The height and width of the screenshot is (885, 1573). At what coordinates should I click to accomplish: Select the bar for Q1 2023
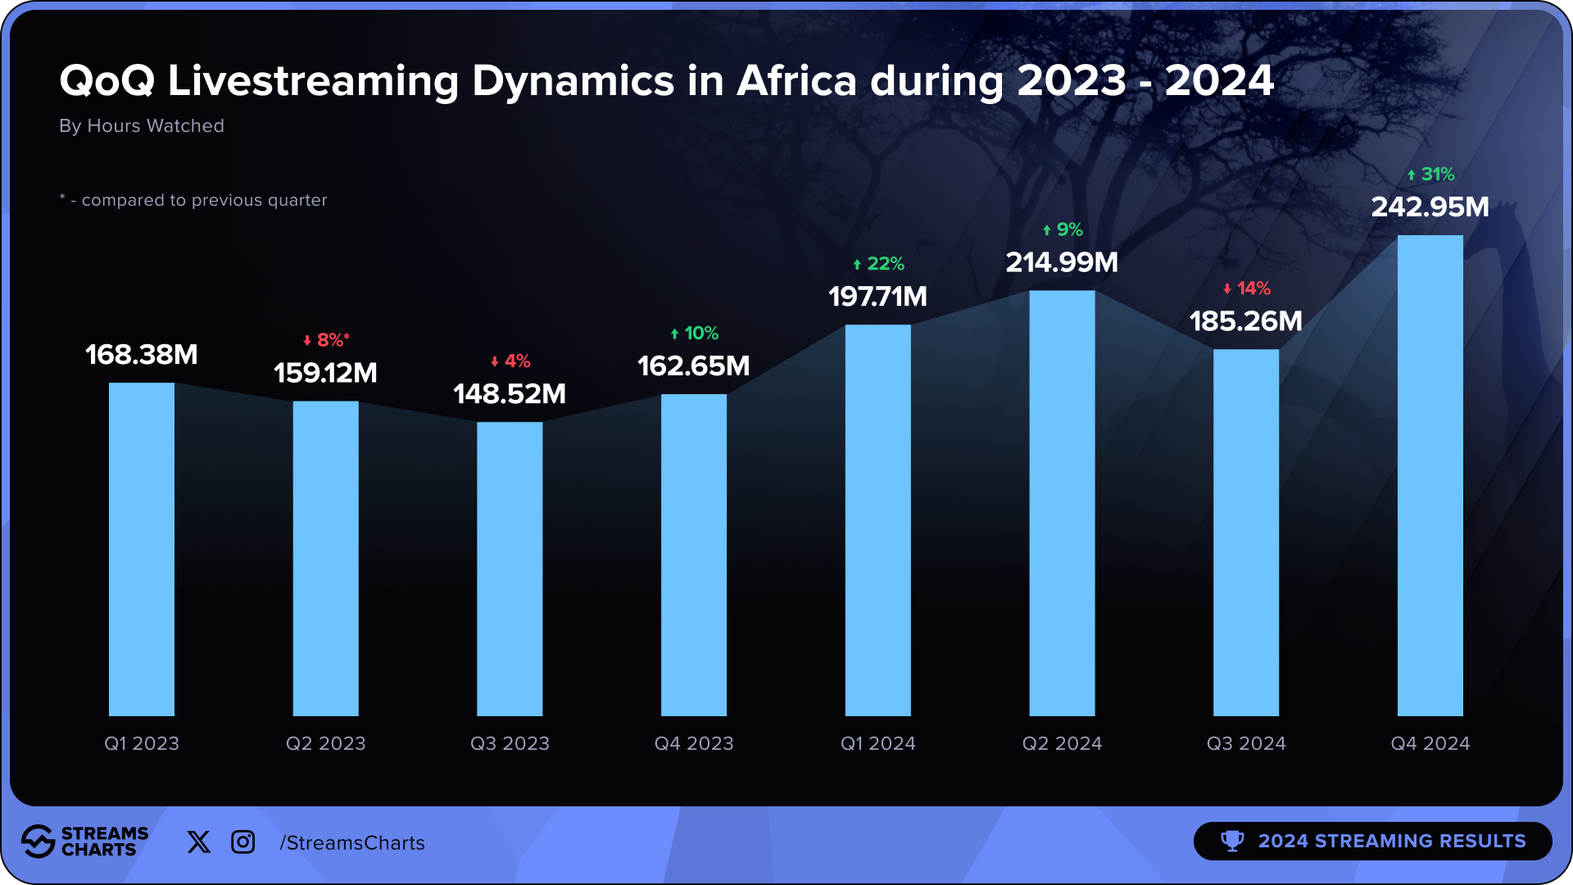pyautogui.click(x=141, y=549)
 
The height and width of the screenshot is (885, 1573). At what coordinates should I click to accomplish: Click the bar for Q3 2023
pyautogui.click(x=510, y=569)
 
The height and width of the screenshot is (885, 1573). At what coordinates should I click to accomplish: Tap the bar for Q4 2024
pyautogui.click(x=1430, y=475)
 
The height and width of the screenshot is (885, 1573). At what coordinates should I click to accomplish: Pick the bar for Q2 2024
pyautogui.click(x=1062, y=503)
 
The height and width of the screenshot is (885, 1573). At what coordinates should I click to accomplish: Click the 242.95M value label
pyautogui.click(x=1430, y=206)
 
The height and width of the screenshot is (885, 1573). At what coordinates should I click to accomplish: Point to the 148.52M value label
pyautogui.click(x=510, y=393)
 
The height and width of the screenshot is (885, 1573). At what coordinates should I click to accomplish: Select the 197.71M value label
pyautogui.click(x=877, y=296)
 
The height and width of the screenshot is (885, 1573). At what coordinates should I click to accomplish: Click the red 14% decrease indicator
pyautogui.click(x=1246, y=288)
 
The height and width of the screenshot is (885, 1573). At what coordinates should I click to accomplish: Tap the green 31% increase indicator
pyautogui.click(x=1430, y=175)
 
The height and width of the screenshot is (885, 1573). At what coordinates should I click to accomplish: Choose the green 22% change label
pyautogui.click(x=878, y=264)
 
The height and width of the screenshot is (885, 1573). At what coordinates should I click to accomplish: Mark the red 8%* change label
pyautogui.click(x=326, y=340)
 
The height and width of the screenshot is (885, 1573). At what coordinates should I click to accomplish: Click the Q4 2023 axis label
pyautogui.click(x=694, y=743)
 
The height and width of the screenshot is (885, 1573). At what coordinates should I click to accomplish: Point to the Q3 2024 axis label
pyautogui.click(x=1246, y=743)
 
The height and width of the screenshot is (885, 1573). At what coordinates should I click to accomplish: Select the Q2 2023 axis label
pyautogui.click(x=325, y=743)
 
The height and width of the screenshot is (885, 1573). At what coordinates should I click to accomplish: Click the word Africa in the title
pyautogui.click(x=796, y=81)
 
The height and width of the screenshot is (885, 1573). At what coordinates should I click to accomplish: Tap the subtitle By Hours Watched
pyautogui.click(x=142, y=125)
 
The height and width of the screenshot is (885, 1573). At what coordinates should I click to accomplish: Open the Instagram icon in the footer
pyautogui.click(x=243, y=842)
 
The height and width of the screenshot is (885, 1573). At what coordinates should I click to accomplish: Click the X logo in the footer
pyautogui.click(x=198, y=842)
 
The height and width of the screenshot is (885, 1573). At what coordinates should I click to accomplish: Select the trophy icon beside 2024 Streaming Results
pyautogui.click(x=1232, y=841)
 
